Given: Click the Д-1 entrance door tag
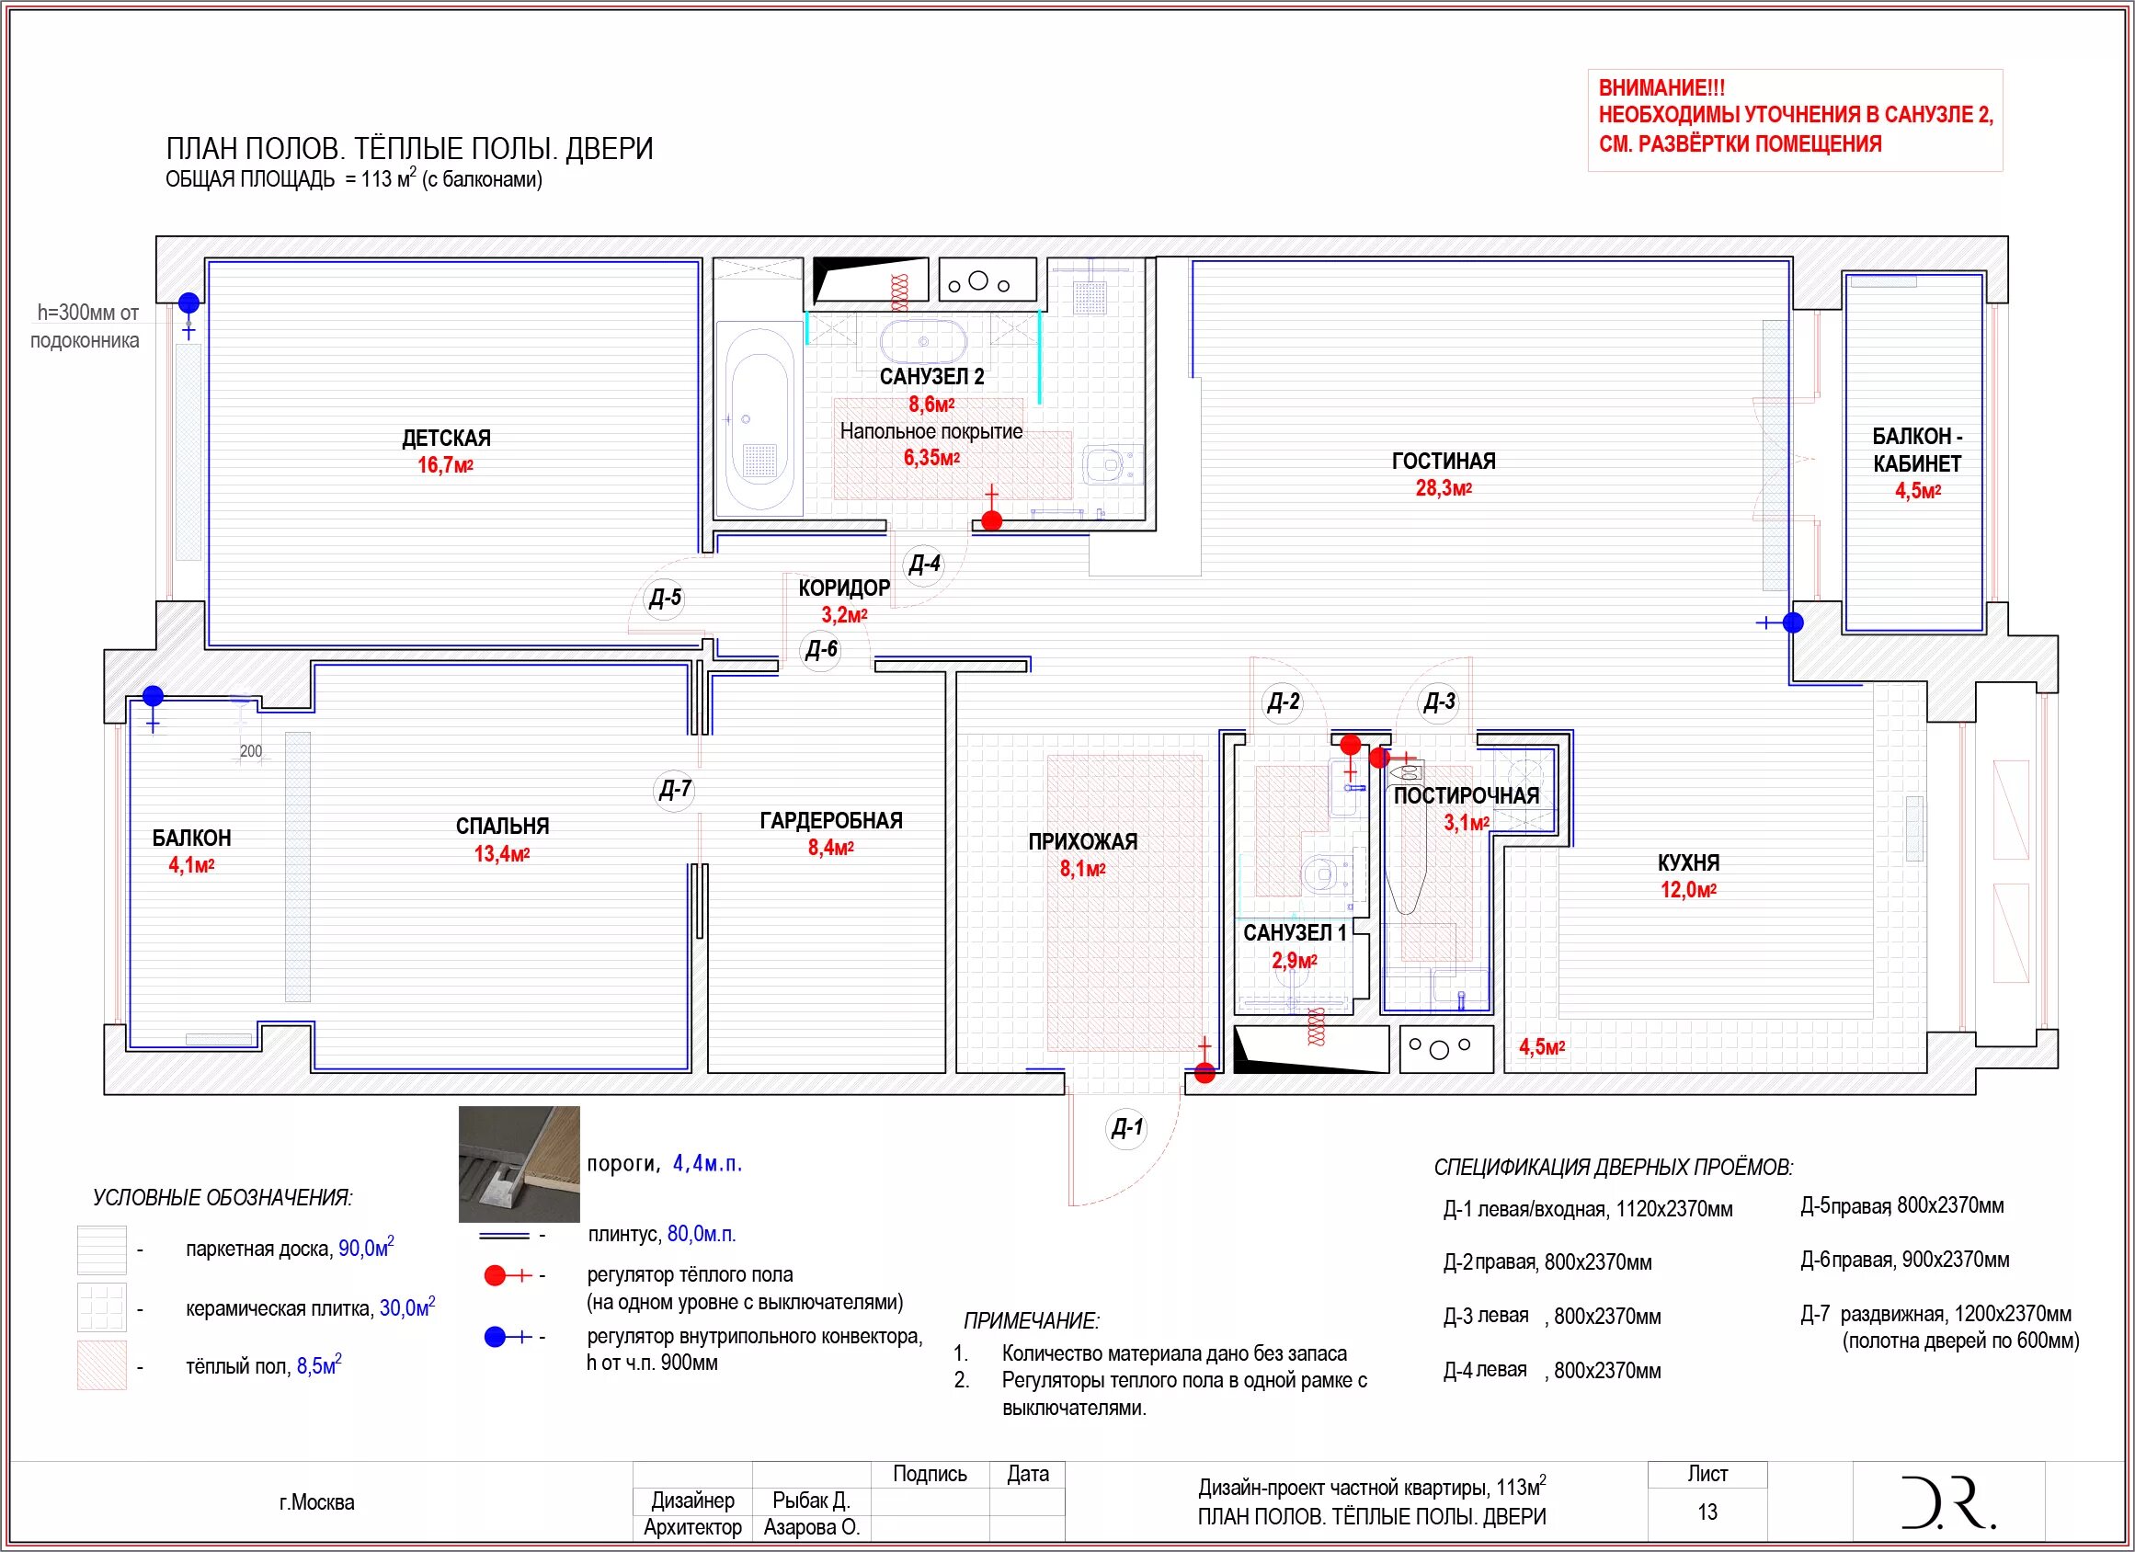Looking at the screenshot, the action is click(x=1127, y=1126).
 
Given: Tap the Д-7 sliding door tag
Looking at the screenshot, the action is click(x=675, y=789).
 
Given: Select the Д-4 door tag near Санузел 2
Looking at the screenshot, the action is click(x=924, y=564).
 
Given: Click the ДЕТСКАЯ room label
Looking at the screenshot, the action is click(x=446, y=438).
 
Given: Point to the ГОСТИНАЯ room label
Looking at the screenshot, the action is click(x=1444, y=462).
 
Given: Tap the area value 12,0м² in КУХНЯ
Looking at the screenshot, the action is click(x=1689, y=890).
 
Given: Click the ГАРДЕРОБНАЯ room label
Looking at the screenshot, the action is click(x=831, y=821).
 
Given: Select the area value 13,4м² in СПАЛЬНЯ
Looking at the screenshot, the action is click(x=502, y=854).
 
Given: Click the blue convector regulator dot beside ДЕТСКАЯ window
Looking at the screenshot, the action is click(x=189, y=303).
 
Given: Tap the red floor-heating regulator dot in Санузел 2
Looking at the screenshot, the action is click(x=991, y=520).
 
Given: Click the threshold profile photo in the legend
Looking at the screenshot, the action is click(x=519, y=1164).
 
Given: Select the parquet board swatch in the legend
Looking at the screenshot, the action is click(x=102, y=1250).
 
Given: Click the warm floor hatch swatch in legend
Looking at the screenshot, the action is click(x=102, y=1365).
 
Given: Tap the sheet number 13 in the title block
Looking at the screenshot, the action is click(x=1707, y=1512).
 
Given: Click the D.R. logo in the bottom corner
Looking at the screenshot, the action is click(x=1947, y=1502).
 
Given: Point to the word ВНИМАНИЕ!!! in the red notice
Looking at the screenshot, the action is click(x=1662, y=88).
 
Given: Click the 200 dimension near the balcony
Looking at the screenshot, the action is click(x=251, y=751).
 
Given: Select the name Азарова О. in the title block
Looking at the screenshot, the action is click(x=812, y=1527).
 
